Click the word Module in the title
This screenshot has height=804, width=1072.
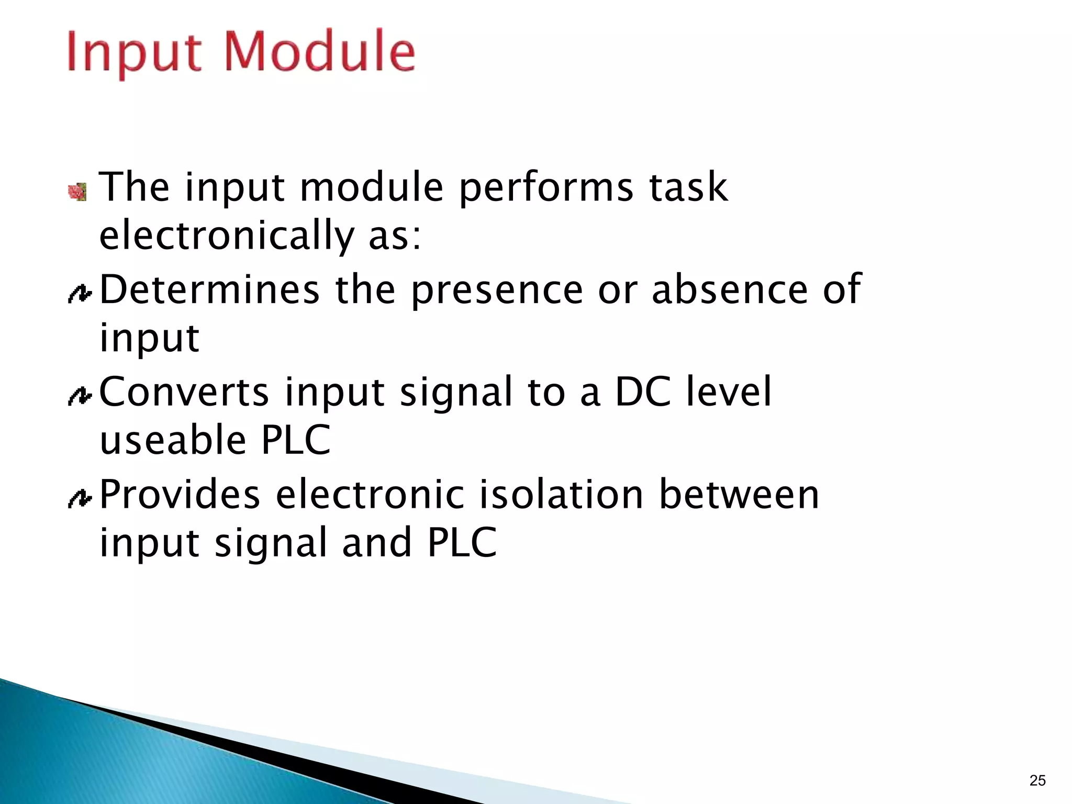(320, 51)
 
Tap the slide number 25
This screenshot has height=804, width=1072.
(1037, 780)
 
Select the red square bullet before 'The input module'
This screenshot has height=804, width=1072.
(77, 192)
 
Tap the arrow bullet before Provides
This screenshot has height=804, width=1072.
(80, 498)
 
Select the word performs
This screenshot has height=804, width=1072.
(546, 187)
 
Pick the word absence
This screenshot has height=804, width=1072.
(730, 289)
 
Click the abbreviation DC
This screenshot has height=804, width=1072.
(642, 392)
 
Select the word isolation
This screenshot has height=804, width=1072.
(561, 494)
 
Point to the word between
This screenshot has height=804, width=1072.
(739, 494)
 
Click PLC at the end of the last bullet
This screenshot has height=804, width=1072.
(462, 542)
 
